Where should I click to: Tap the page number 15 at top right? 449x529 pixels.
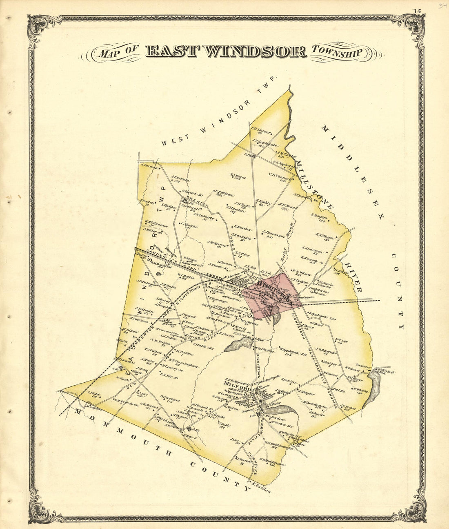click(x=416, y=11)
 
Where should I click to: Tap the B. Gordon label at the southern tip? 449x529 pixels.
click(x=261, y=488)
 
